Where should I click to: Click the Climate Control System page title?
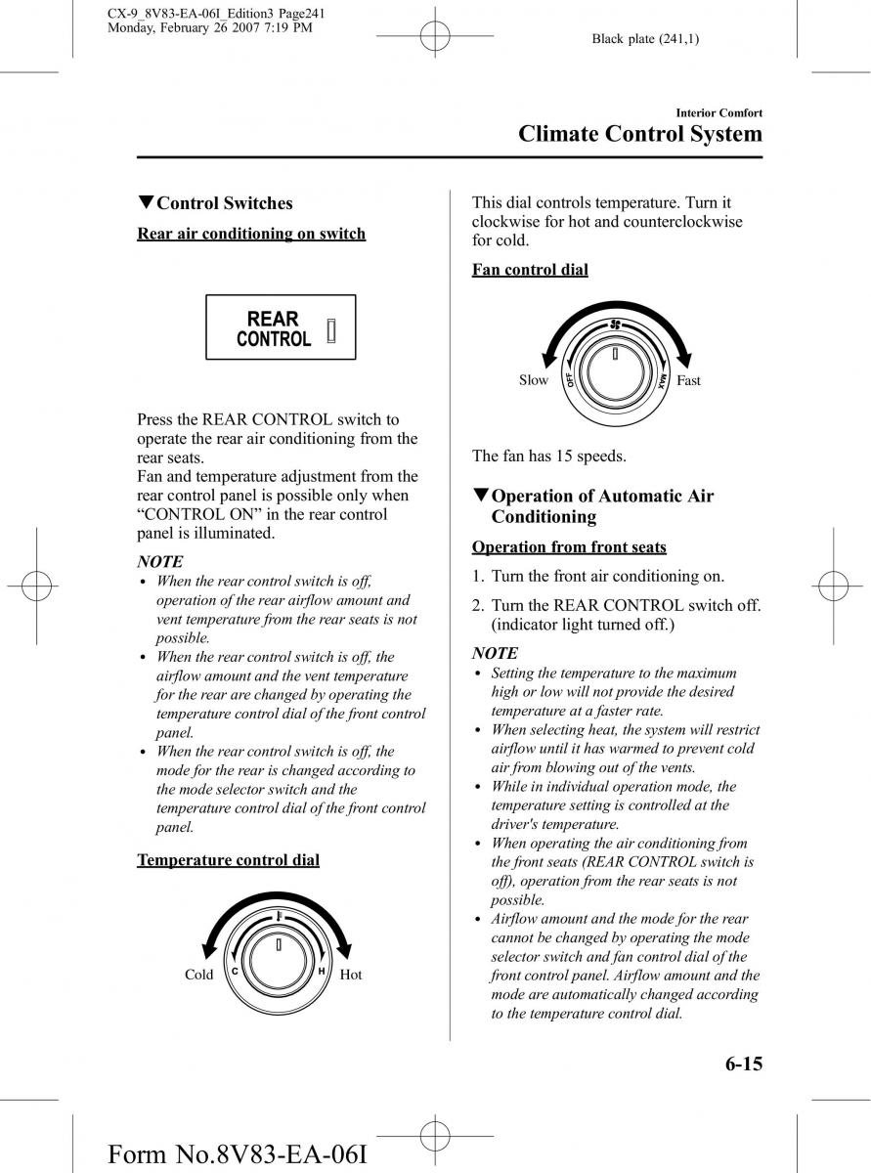click(x=639, y=134)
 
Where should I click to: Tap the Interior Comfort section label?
click(x=713, y=113)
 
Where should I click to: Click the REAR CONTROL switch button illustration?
click(x=281, y=327)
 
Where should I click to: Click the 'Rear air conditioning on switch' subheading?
click(x=251, y=234)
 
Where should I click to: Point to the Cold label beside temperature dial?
click(x=198, y=975)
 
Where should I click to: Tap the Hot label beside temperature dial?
click(x=351, y=975)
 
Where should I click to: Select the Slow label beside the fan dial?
click(x=533, y=380)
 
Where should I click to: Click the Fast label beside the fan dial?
click(x=688, y=380)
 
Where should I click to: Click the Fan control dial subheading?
click(x=530, y=270)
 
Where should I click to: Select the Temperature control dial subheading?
click(x=228, y=860)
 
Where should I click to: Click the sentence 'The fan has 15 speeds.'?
click(x=549, y=456)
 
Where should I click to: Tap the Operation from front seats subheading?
click(x=569, y=547)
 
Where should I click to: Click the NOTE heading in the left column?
click(x=159, y=561)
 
